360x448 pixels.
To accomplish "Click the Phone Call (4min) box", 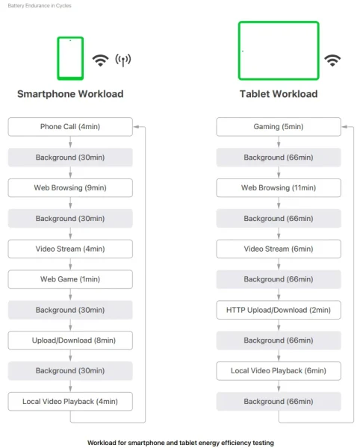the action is pos(70,127).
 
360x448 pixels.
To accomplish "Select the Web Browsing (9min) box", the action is pos(70,187).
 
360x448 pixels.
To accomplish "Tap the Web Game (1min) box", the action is pos(70,279).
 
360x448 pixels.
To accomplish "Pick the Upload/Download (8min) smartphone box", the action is pos(70,340).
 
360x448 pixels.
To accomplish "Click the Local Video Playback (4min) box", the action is pos(70,402).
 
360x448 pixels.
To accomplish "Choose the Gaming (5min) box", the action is pos(279,127).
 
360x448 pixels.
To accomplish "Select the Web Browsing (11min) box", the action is pos(279,187).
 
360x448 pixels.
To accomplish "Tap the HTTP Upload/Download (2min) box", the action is pos(279,310).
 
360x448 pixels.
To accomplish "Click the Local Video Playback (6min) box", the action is pos(279,371).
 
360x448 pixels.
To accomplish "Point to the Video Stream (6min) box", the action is pos(279,249).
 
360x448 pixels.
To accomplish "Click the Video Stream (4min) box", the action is pos(70,249).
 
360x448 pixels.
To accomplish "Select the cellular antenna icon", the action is pos(123,60).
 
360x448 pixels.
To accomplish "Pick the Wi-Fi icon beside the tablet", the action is pos(332,60).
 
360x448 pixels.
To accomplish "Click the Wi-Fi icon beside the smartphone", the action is pos(100,60).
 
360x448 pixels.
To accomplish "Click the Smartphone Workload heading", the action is pos(70,94).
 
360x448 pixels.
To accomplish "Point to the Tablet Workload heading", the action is pos(279,94).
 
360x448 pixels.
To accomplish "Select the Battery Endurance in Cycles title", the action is pos(40,5).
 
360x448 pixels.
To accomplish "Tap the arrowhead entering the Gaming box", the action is pos(344,127).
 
